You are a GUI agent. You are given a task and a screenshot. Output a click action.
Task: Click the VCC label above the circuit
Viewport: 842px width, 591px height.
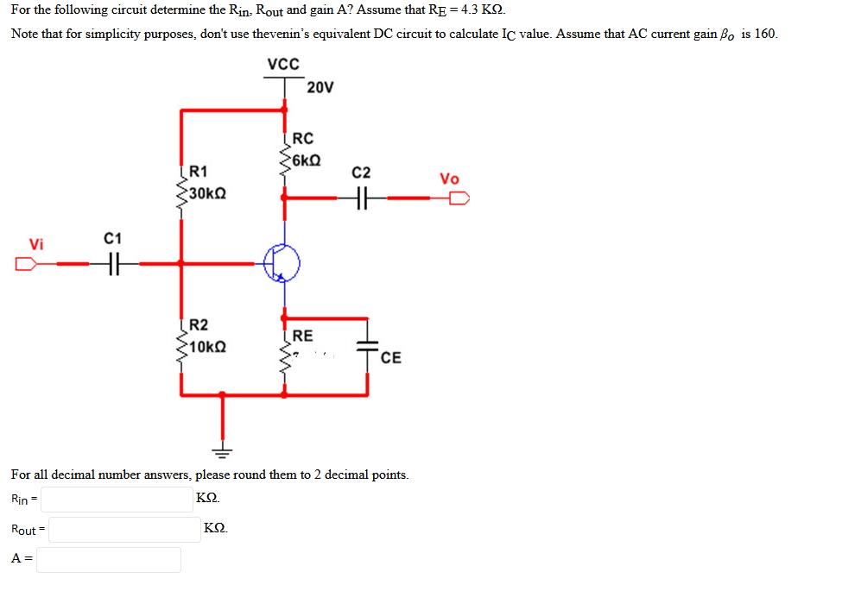click(x=283, y=65)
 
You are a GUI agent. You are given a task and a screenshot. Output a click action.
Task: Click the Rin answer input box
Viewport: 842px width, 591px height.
click(x=117, y=500)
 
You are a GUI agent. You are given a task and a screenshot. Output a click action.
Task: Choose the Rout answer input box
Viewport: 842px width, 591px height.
click(x=124, y=529)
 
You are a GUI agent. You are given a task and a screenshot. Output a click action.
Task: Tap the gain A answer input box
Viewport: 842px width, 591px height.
click(x=109, y=559)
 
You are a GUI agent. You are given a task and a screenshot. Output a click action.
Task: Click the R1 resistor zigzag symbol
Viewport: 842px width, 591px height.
click(x=180, y=192)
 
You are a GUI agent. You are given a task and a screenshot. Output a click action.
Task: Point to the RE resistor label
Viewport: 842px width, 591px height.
click(x=302, y=336)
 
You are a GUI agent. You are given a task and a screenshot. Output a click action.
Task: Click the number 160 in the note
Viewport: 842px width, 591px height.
click(x=766, y=35)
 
